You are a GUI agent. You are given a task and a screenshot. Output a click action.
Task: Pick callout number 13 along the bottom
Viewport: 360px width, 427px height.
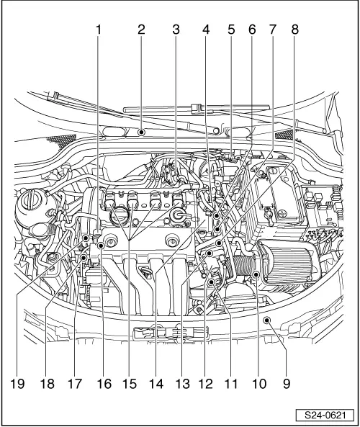pos(181,385)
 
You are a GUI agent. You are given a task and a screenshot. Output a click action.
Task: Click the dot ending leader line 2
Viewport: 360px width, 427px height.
pos(142,132)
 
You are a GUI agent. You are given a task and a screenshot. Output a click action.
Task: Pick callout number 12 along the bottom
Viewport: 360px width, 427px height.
pos(206,385)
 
